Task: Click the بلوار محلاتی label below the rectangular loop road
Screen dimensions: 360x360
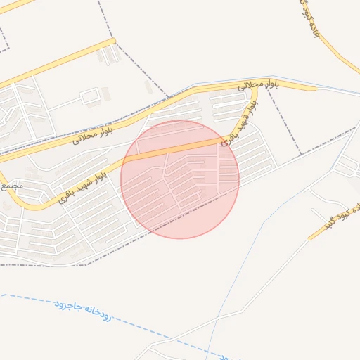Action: tap(92, 131)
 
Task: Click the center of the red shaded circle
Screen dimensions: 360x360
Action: tap(180, 179)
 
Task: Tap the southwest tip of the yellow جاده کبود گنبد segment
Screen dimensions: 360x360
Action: tap(310, 238)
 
